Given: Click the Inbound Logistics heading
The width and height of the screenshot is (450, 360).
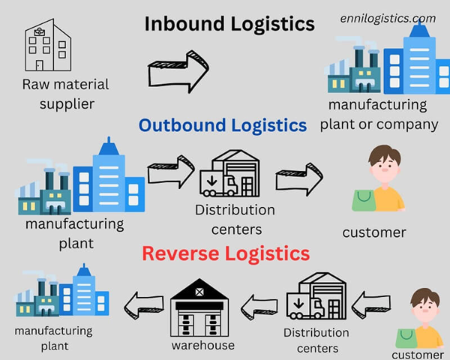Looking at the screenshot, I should click(x=229, y=24).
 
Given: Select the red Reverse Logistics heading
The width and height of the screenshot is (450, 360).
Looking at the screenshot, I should click(x=226, y=253).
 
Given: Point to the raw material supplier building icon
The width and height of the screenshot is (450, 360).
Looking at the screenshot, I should click(x=47, y=46).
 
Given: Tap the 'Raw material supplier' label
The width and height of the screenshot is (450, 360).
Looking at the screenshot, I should click(x=65, y=94).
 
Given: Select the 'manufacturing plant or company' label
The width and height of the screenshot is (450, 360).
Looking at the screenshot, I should click(x=378, y=114).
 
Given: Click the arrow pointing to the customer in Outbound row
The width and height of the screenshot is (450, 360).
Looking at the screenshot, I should click(x=298, y=180).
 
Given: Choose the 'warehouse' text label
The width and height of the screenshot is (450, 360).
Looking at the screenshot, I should click(x=203, y=345).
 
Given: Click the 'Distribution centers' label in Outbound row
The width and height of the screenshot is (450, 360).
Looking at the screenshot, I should click(x=234, y=219).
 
